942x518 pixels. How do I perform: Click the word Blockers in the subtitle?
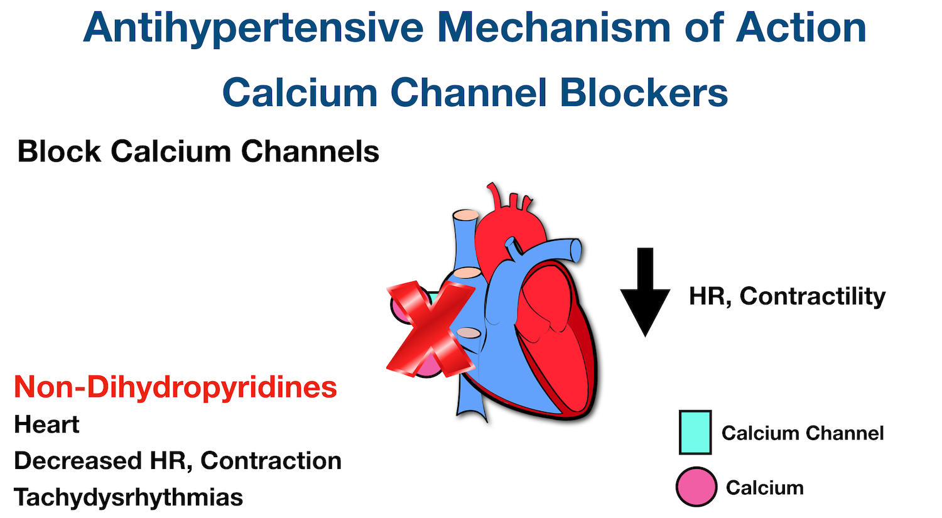[644, 93]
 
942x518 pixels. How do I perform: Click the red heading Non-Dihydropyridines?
[175, 387]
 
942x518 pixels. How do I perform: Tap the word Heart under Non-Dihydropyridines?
[46, 425]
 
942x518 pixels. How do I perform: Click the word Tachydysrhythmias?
[128, 497]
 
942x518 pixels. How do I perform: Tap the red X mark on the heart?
[430, 329]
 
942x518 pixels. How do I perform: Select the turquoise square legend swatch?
[695, 433]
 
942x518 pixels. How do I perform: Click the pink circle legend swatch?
[696, 487]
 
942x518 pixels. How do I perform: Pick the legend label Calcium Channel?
[802, 433]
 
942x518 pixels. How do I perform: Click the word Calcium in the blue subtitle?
[300, 93]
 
